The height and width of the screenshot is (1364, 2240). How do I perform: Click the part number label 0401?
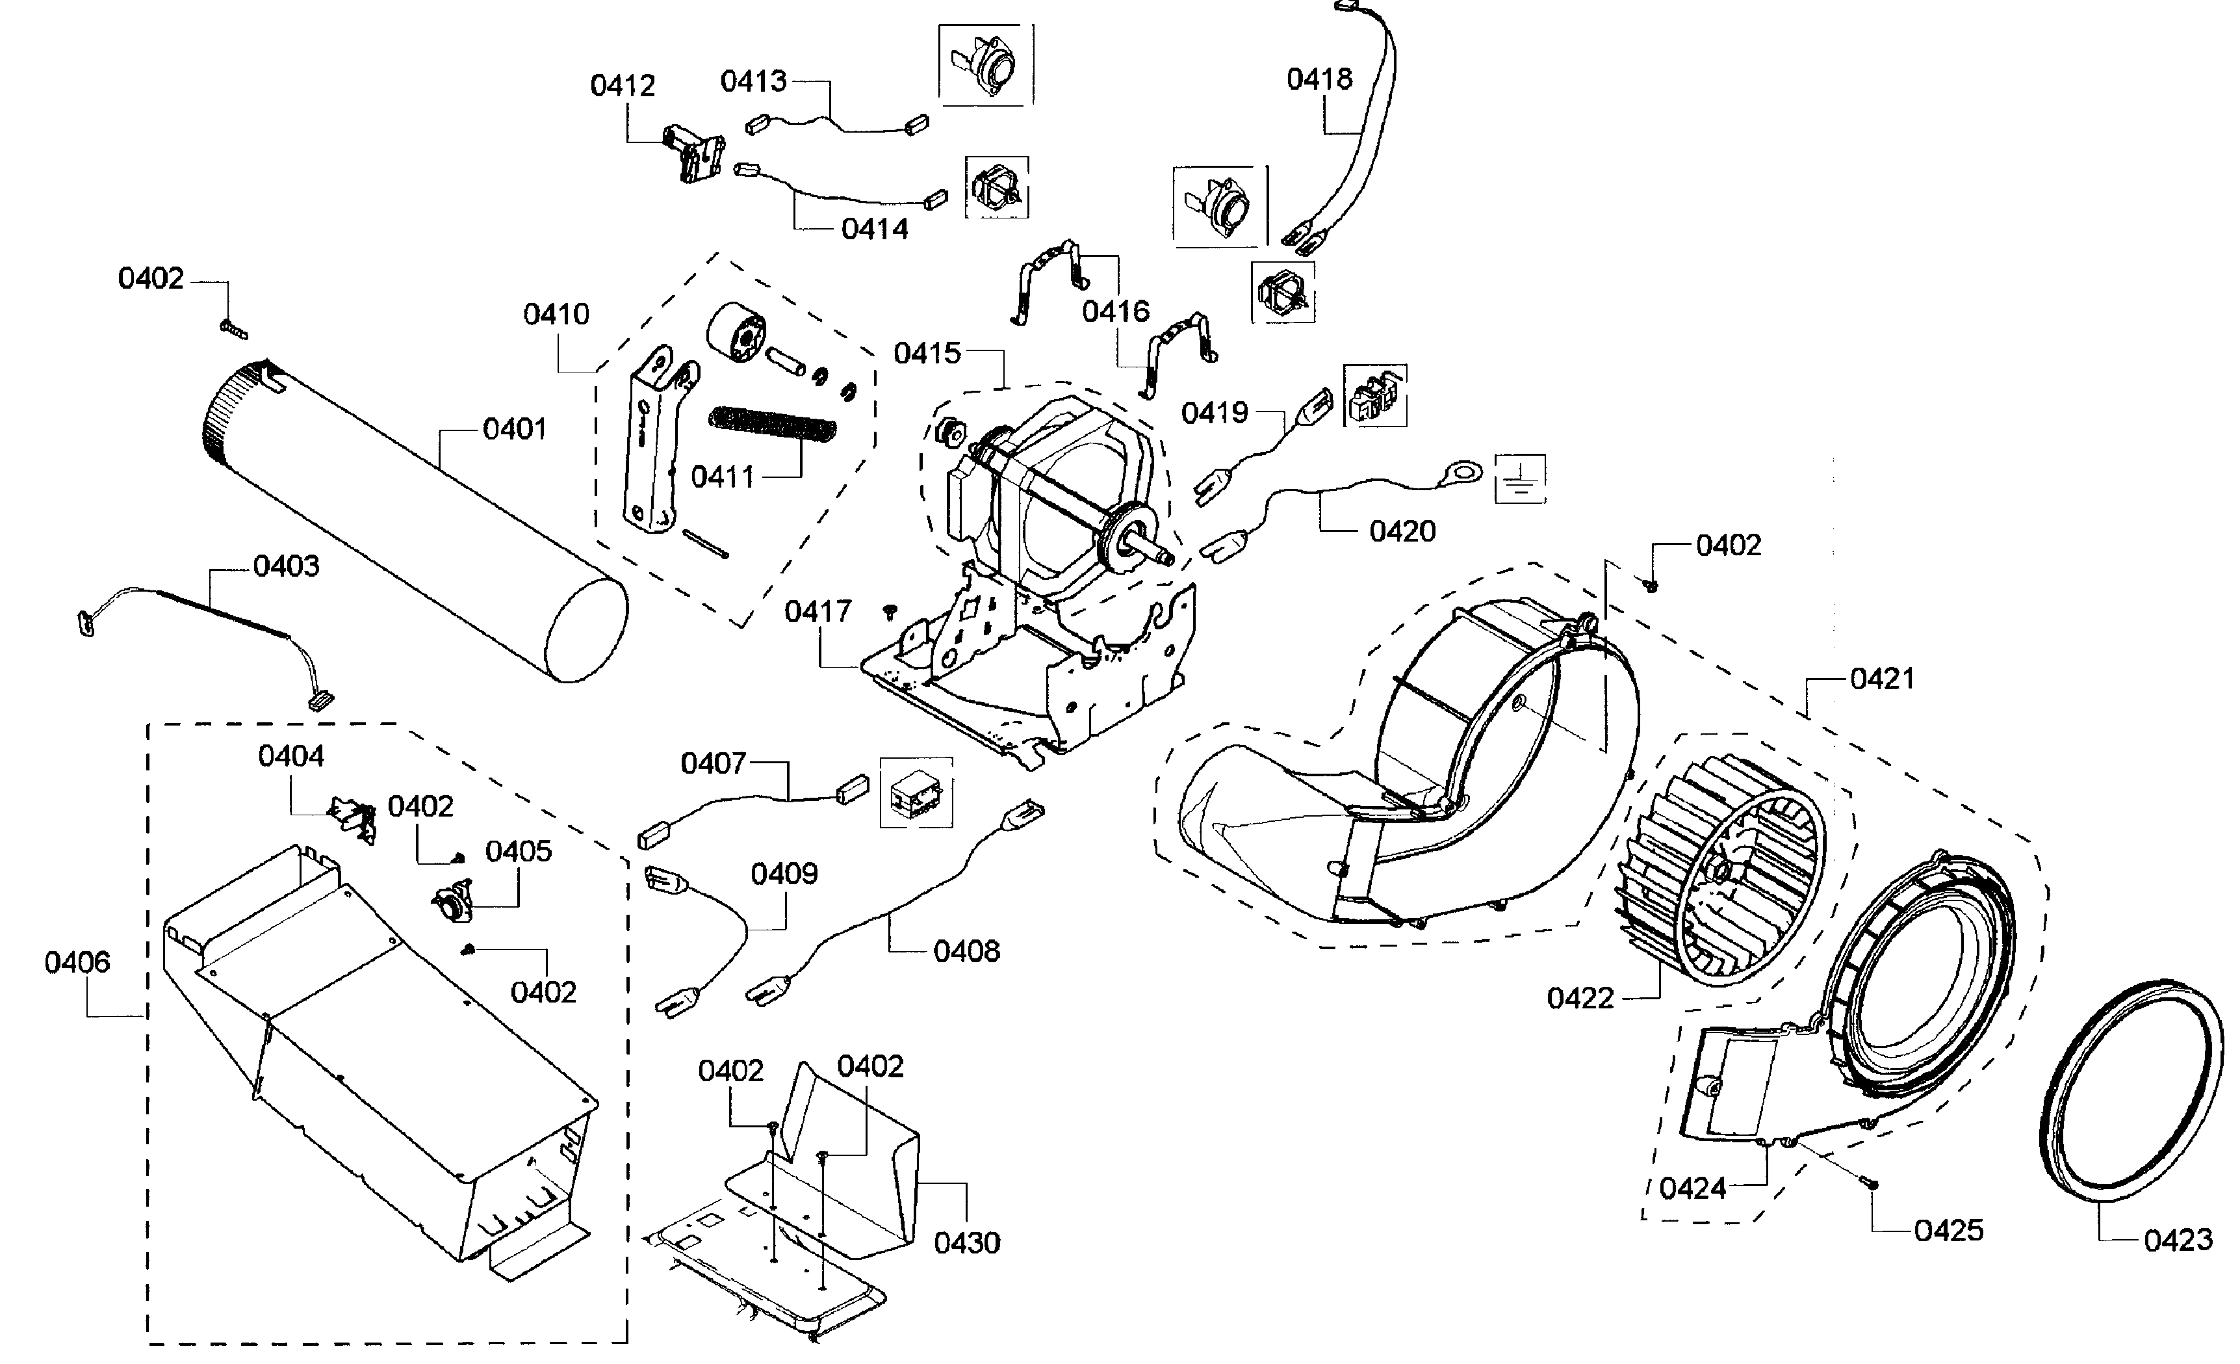515,428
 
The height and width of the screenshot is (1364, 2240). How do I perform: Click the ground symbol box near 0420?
1519,479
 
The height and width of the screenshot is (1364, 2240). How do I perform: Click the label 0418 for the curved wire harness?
1319,79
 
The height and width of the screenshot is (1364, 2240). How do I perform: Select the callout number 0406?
77,962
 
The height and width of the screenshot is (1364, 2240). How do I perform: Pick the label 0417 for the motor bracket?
817,611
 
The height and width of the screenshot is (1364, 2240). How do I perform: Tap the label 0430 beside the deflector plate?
966,1242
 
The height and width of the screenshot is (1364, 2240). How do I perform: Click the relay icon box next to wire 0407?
916,792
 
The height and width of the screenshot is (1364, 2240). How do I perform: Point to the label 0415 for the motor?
927,353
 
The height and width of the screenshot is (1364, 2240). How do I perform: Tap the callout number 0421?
1882,678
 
